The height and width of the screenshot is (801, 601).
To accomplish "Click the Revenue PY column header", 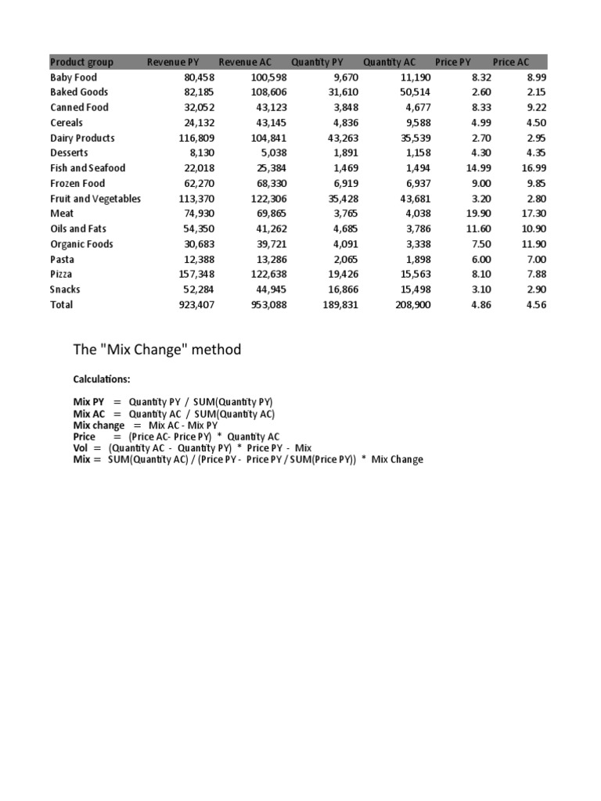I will tap(176, 62).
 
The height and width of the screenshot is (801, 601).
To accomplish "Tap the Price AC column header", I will tap(511, 62).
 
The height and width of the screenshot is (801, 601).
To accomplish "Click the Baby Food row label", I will tap(74, 77).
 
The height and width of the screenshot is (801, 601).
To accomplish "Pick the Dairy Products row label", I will tap(82, 138).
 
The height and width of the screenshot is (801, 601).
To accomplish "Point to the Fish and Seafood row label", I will tap(88, 168).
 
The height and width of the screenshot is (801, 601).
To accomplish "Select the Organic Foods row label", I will tap(81, 244).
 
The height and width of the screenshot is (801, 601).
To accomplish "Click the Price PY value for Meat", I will tap(482, 214).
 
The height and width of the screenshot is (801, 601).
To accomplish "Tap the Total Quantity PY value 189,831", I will tap(338, 305).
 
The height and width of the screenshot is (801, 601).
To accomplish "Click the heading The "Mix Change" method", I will tap(157, 350).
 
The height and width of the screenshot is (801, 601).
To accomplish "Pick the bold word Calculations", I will tap(102, 379).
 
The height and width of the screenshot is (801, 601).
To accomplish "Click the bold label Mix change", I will tap(99, 426).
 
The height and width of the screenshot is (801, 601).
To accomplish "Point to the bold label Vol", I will tap(81, 448).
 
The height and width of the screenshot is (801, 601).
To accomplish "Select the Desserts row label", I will tap(69, 153).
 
